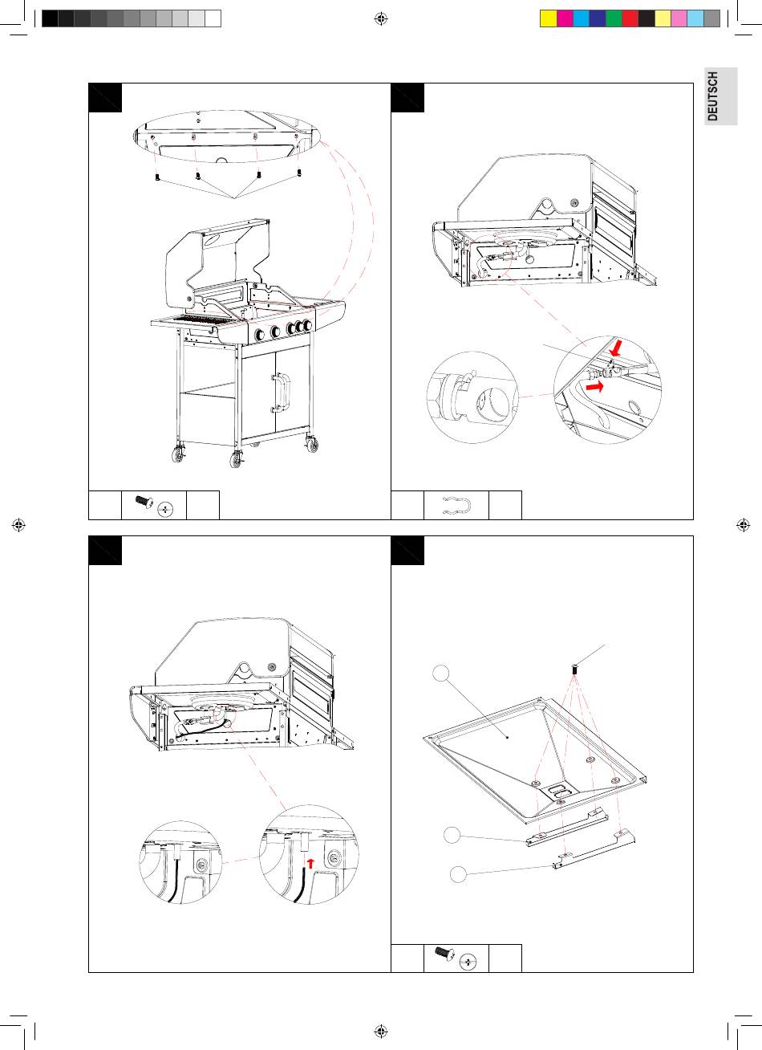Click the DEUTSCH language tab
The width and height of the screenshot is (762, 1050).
point(721,96)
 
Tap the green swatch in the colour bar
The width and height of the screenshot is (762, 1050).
point(614,18)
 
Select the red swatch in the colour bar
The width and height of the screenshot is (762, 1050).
point(630,18)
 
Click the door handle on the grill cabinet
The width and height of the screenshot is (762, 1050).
point(282,393)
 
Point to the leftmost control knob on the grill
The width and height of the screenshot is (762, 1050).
point(259,335)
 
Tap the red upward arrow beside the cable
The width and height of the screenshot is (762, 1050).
point(310,863)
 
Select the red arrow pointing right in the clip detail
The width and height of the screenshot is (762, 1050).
point(594,386)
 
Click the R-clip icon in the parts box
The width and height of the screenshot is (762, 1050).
point(456,505)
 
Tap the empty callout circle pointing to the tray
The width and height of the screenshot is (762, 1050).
point(440,674)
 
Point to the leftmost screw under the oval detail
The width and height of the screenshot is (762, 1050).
point(158,177)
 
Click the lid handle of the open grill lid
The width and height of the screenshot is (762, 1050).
point(216,239)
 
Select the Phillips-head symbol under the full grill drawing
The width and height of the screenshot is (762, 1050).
point(165,510)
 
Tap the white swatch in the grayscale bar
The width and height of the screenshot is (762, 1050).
point(213,18)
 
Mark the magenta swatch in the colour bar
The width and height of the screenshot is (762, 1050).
point(565,18)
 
